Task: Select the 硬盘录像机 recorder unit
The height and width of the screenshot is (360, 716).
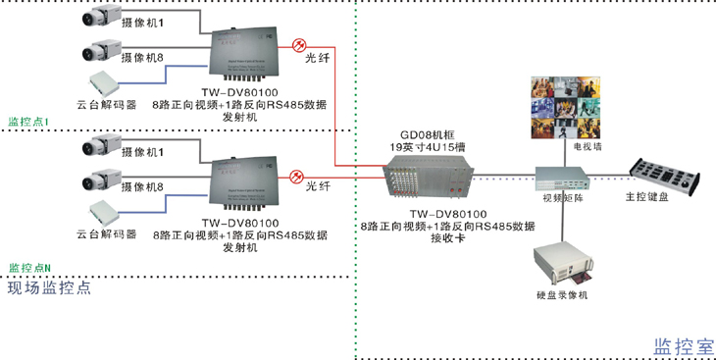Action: click(562, 267)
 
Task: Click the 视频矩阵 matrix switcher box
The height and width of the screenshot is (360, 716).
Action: click(561, 179)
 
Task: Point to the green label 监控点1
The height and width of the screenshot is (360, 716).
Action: click(28, 123)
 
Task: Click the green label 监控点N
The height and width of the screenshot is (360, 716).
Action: click(28, 267)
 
